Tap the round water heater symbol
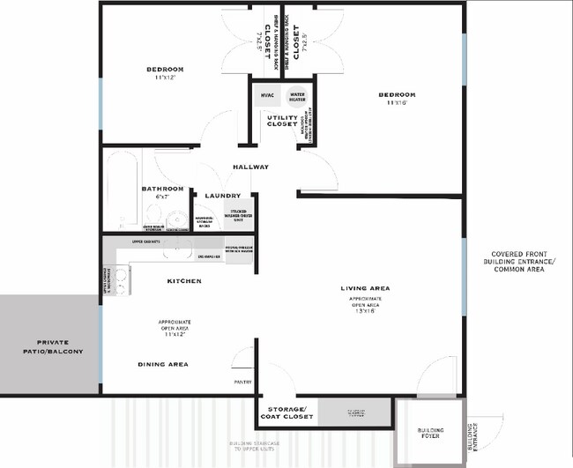pos(297,97)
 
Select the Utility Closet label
pos(283,123)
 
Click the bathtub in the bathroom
pos(120,189)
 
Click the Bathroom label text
pos(162,189)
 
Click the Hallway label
pos(250,167)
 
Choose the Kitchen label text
pos(184,281)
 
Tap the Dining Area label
pos(163,364)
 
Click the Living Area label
pos(366,288)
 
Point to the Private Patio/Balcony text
pos(48,347)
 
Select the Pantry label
pos(243,382)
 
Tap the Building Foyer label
pos(431,434)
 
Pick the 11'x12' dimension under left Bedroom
pos(164,78)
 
